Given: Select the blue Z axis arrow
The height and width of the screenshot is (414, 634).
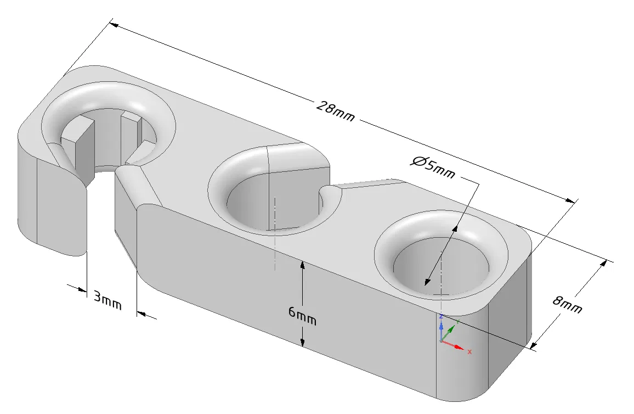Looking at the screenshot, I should point(441,326).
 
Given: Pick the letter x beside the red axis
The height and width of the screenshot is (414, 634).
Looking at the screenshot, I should point(469,351).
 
